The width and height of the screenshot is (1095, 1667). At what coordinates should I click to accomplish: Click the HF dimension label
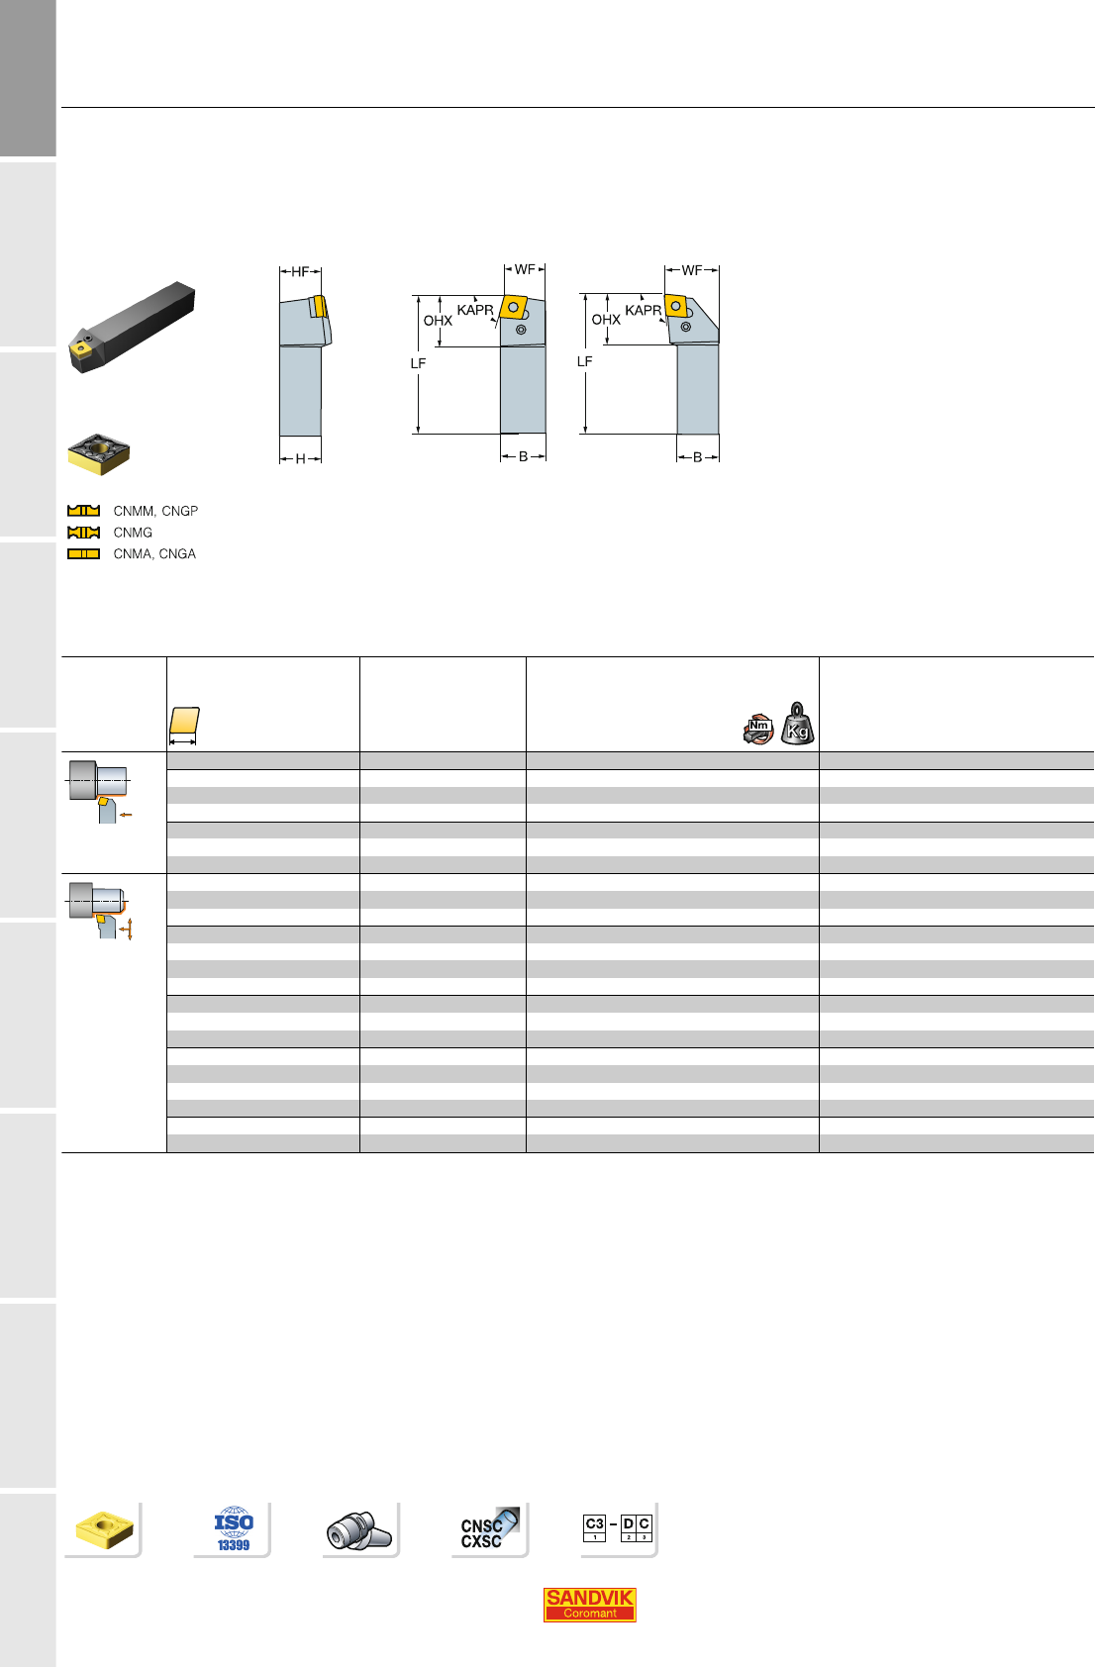click(300, 271)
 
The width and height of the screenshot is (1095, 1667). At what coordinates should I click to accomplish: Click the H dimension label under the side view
click(300, 458)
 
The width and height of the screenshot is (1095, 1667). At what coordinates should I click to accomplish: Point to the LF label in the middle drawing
click(419, 363)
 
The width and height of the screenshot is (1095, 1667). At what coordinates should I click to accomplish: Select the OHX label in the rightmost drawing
click(606, 320)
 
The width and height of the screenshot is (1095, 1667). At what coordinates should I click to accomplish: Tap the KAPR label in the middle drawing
click(475, 310)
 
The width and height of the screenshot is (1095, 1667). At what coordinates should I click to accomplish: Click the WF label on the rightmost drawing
click(691, 270)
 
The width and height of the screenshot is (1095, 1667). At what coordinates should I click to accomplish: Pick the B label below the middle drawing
click(524, 456)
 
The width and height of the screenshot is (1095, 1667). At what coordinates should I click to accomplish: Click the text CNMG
click(133, 533)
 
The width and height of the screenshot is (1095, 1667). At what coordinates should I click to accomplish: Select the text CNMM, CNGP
click(155, 511)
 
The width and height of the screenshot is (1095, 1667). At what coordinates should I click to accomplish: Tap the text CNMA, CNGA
click(154, 553)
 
